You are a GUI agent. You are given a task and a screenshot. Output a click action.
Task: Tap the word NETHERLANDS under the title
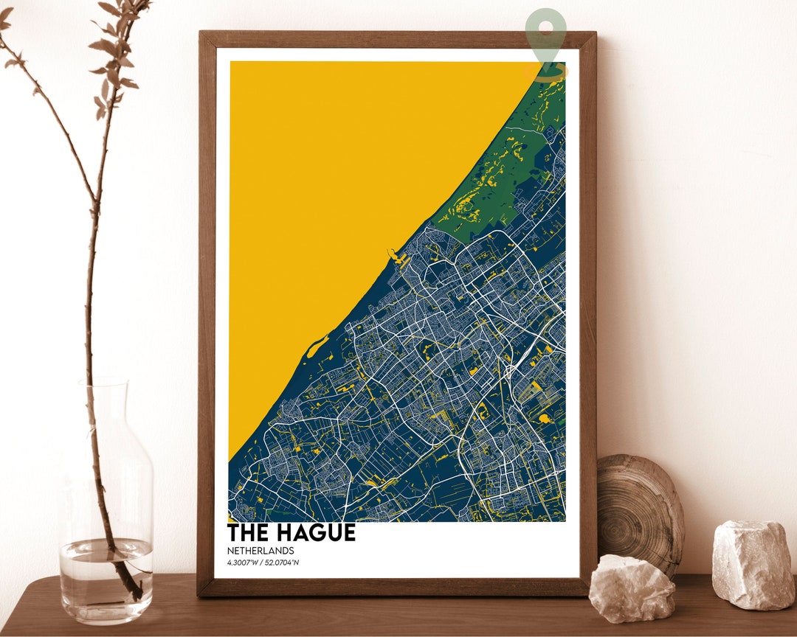[x=261, y=551]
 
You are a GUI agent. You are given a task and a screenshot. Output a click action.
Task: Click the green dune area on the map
[x=509, y=177]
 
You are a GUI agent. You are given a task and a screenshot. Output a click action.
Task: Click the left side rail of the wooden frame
[x=207, y=310]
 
